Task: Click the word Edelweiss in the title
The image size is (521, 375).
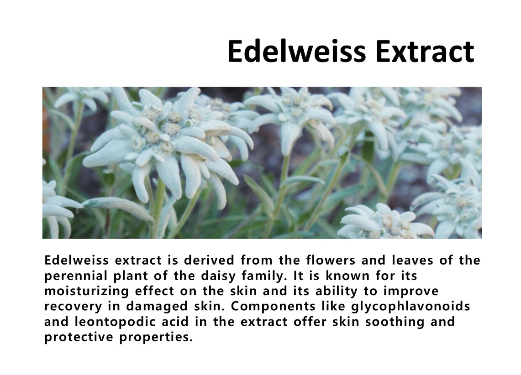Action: pos(297,52)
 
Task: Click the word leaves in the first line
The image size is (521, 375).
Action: pos(412,260)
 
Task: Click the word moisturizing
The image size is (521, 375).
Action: pos(87,291)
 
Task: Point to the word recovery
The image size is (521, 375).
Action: pos(73,307)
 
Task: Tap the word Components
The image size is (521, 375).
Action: pos(273,307)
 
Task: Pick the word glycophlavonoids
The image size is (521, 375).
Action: pos(410,307)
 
